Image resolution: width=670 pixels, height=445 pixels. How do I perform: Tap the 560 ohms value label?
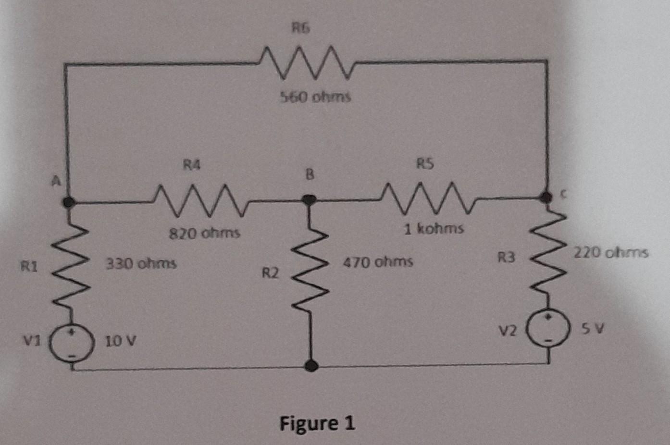click(315, 97)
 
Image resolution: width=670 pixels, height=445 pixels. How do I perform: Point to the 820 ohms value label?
click(204, 234)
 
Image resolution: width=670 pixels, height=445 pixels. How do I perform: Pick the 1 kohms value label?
click(434, 228)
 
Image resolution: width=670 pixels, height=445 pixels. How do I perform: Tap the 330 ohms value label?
click(141, 264)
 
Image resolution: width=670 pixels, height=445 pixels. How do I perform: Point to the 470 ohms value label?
click(378, 262)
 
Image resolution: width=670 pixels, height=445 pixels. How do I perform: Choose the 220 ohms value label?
click(610, 252)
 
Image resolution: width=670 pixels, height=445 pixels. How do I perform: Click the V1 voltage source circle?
click(72, 344)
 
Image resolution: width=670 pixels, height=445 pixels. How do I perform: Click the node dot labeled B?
click(309, 199)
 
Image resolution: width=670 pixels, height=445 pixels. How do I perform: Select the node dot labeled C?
click(545, 196)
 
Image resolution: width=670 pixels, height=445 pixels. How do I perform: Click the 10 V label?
click(121, 342)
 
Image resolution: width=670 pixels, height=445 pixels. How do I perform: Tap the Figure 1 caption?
click(317, 423)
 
